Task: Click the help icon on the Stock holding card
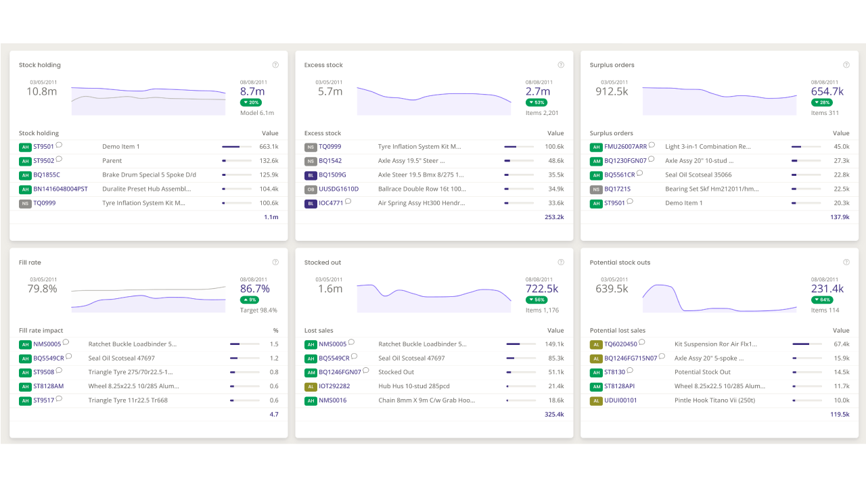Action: [275, 65]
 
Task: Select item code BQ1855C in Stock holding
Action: [47, 175]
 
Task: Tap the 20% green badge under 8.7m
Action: [251, 102]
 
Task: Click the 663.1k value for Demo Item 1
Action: [269, 147]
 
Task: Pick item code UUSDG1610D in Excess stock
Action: [339, 189]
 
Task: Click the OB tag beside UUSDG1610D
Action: [311, 189]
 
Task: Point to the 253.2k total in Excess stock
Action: [554, 217]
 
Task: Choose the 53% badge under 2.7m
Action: [537, 102]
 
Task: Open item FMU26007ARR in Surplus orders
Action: [626, 147]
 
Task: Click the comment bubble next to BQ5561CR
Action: [640, 173]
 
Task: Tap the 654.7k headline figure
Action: [827, 91]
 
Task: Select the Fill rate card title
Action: [30, 262]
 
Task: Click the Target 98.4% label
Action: [258, 310]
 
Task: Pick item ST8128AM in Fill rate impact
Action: [48, 386]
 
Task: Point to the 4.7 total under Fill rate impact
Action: [274, 415]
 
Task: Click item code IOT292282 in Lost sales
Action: [334, 386]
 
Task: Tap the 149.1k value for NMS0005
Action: [554, 344]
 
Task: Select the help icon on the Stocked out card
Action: [561, 262]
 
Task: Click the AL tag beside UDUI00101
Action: [596, 401]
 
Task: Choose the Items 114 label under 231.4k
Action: [825, 310]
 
